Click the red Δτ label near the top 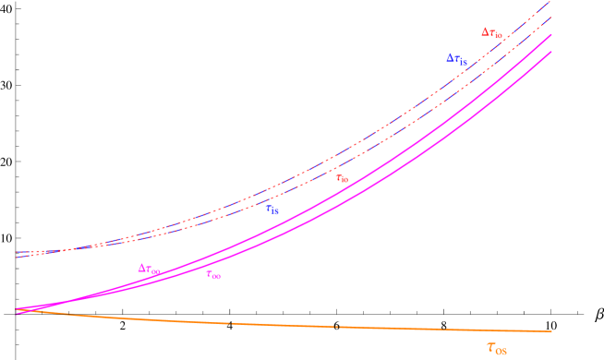coord(491,32)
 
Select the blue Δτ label coord(456,58)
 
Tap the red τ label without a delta coord(342,177)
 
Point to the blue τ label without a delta coord(272,210)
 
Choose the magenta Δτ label coord(149,269)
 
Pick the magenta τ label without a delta coord(213,274)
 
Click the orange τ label coord(496,347)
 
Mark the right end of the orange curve coord(551,330)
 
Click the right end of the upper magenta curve coord(551,35)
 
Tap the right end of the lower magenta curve coord(551,52)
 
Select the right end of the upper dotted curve coord(551,2)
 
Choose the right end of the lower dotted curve coord(551,17)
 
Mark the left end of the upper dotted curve coord(17,252)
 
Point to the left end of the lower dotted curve coord(17,257)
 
